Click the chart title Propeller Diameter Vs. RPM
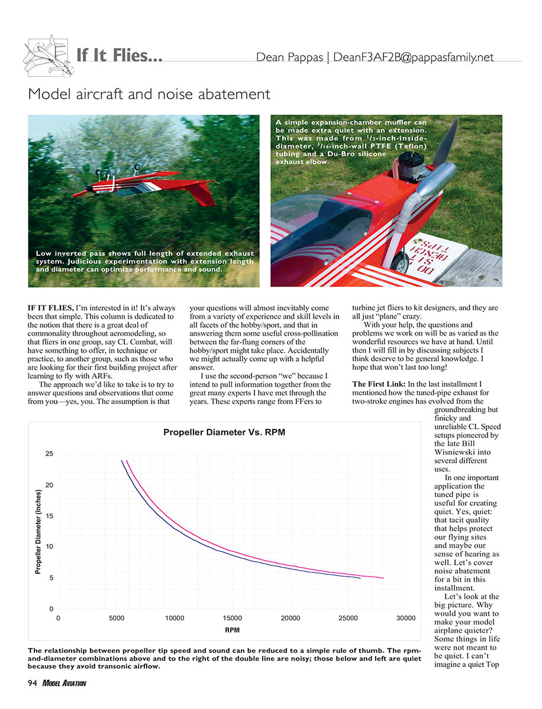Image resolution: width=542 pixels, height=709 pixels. click(x=224, y=432)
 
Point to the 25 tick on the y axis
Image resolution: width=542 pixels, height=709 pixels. click(x=49, y=454)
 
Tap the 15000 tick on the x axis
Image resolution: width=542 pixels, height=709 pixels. click(x=232, y=617)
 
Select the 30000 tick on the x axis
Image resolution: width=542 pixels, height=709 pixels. click(x=406, y=617)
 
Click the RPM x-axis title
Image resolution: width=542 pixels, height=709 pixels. click(x=232, y=630)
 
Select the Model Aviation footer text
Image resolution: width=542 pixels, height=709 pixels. click(x=64, y=684)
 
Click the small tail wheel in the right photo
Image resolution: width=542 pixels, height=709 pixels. click(x=402, y=263)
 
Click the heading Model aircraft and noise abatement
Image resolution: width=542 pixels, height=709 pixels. click(x=149, y=93)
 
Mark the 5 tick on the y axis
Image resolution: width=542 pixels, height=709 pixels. click(x=51, y=578)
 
